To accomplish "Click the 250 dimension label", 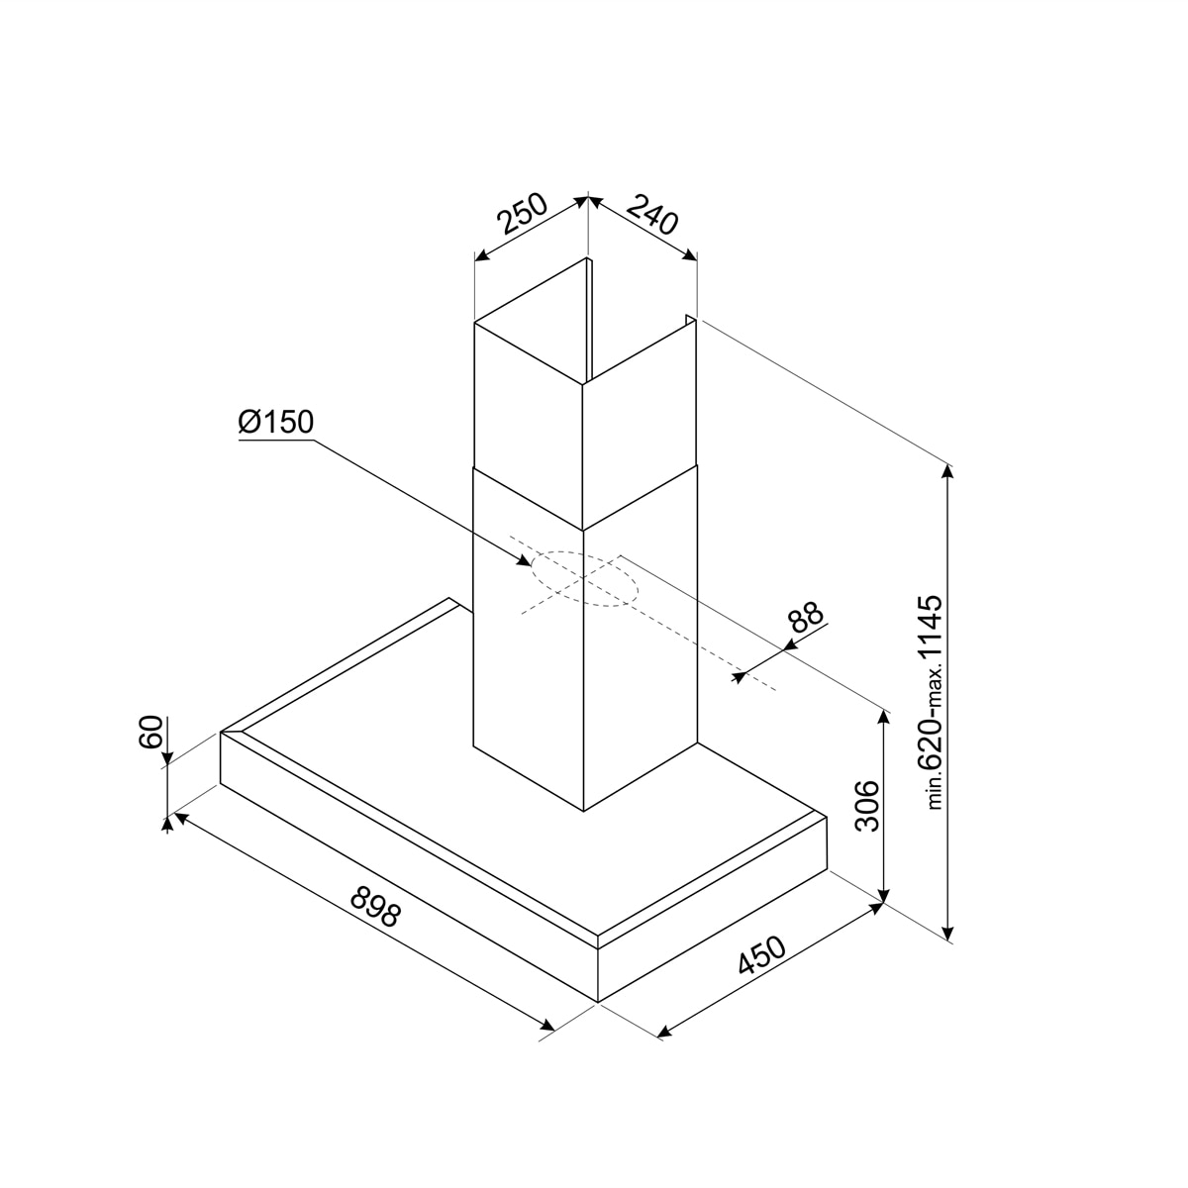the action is (523, 214).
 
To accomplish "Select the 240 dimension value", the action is (652, 214).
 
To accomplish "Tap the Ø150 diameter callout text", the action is (276, 423).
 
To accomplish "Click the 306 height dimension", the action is (867, 806).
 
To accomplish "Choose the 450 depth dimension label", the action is (762, 955).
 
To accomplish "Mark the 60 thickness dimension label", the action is (151, 732).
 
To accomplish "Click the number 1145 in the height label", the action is (930, 635).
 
